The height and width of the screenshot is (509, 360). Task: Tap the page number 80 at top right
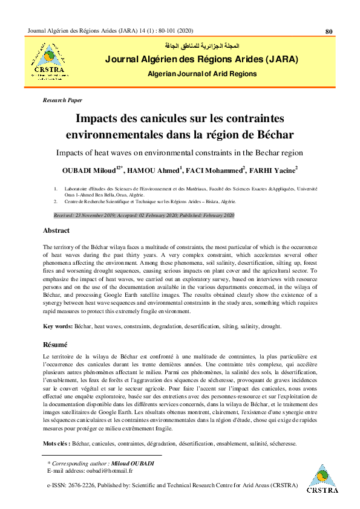(329, 31)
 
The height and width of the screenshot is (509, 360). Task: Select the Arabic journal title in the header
(202, 46)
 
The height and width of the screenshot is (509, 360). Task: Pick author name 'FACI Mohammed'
(219, 169)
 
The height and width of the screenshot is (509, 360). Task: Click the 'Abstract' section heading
(56, 230)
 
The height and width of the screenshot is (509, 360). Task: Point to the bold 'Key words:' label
(57, 326)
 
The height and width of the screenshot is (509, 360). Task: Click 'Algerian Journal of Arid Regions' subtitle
(202, 74)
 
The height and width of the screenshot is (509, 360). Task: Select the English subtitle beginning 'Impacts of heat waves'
(180, 152)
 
